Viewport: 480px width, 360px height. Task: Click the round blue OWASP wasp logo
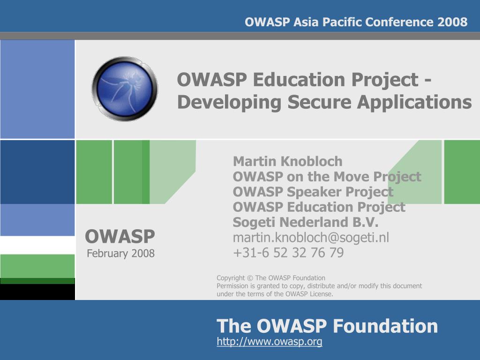point(125,89)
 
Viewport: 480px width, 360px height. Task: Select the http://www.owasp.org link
point(270,342)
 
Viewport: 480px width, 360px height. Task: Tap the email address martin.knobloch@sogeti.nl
point(311,238)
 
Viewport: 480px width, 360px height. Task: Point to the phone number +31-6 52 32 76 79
point(288,253)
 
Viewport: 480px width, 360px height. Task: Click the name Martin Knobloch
point(287,162)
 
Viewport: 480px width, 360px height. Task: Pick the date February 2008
point(120,254)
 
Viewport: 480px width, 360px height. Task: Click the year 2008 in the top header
point(452,22)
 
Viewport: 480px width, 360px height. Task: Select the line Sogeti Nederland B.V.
point(305,222)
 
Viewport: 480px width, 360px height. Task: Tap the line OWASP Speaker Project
point(313,192)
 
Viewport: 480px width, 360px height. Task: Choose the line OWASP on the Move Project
point(327,177)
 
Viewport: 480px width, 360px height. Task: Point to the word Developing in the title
point(230,102)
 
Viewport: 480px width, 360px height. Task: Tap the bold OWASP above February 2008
point(120,236)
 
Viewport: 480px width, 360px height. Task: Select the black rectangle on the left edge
point(37,292)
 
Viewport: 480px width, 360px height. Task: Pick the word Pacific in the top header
point(338,22)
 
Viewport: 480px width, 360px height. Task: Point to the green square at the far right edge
point(462,172)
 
